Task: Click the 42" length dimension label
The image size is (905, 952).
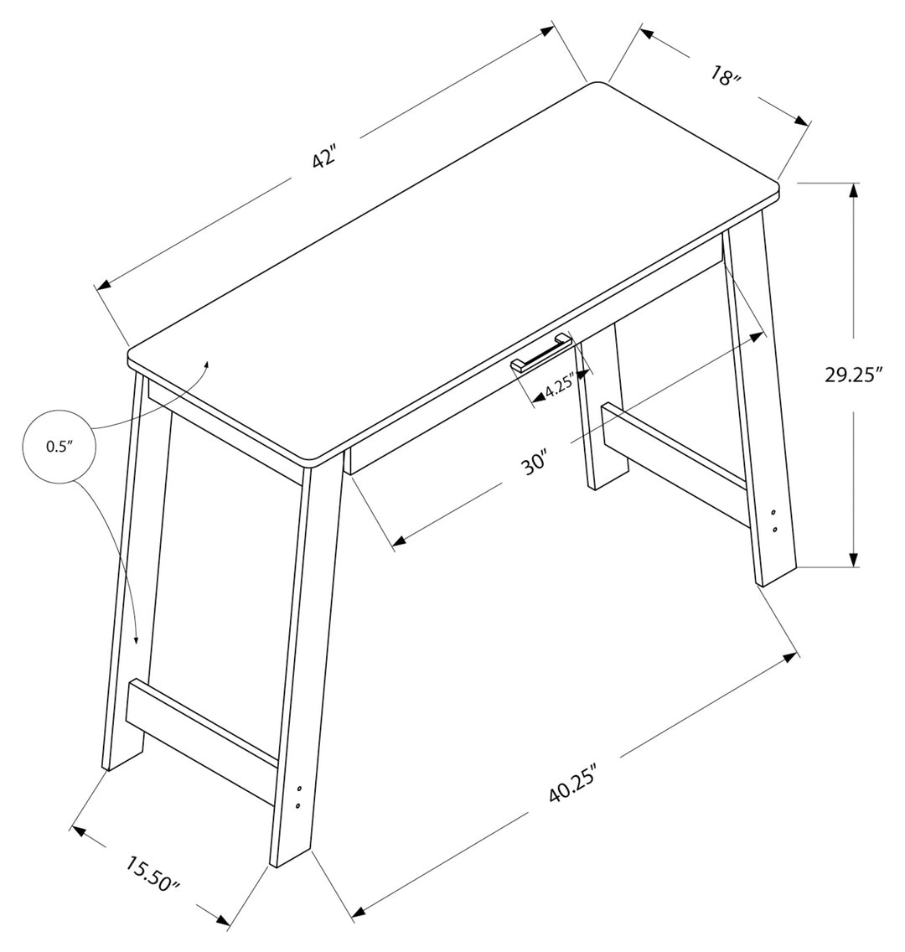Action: pos(324,156)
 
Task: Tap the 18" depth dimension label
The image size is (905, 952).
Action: pos(726,76)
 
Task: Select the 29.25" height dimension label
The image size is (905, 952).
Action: pos(853,374)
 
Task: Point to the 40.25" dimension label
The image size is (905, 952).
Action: pos(572,784)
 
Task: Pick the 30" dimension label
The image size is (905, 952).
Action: pos(535,462)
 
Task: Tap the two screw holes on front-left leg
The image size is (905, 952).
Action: pos(297,796)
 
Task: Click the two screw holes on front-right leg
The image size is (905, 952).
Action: pos(774,520)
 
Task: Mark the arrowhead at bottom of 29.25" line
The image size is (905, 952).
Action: pos(853,559)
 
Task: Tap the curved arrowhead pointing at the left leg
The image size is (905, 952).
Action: pos(136,639)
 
